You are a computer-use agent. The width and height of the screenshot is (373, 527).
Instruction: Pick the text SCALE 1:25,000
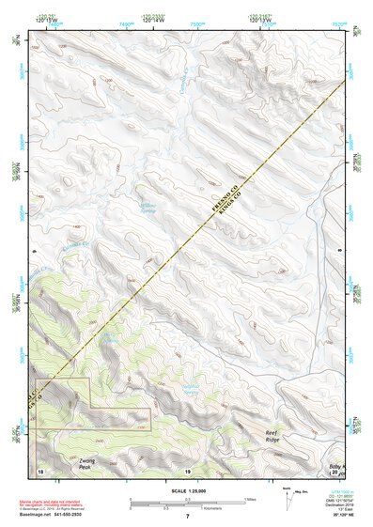tap(187, 491)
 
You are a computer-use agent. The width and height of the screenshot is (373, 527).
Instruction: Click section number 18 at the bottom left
tap(40, 470)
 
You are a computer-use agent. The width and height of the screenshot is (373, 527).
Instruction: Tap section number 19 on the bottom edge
tap(188, 470)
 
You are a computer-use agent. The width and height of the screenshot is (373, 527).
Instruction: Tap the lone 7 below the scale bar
tap(188, 517)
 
